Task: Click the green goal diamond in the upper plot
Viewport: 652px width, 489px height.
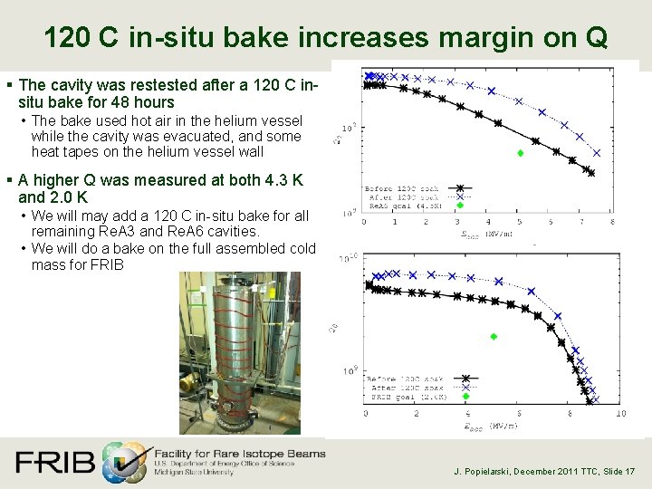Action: [x=520, y=153]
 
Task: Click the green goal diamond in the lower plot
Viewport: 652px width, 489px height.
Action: [x=494, y=336]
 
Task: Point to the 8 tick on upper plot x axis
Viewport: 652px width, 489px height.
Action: [x=612, y=222]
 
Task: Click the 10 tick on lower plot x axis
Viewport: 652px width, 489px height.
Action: [x=619, y=414]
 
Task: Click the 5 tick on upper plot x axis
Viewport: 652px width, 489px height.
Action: [x=520, y=222]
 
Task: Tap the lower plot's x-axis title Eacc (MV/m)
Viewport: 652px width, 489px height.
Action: [x=494, y=425]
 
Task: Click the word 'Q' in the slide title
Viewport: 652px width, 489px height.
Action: [x=596, y=37]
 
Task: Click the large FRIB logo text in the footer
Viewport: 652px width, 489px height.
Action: [x=54, y=463]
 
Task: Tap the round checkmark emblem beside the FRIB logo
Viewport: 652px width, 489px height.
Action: [x=124, y=462]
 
